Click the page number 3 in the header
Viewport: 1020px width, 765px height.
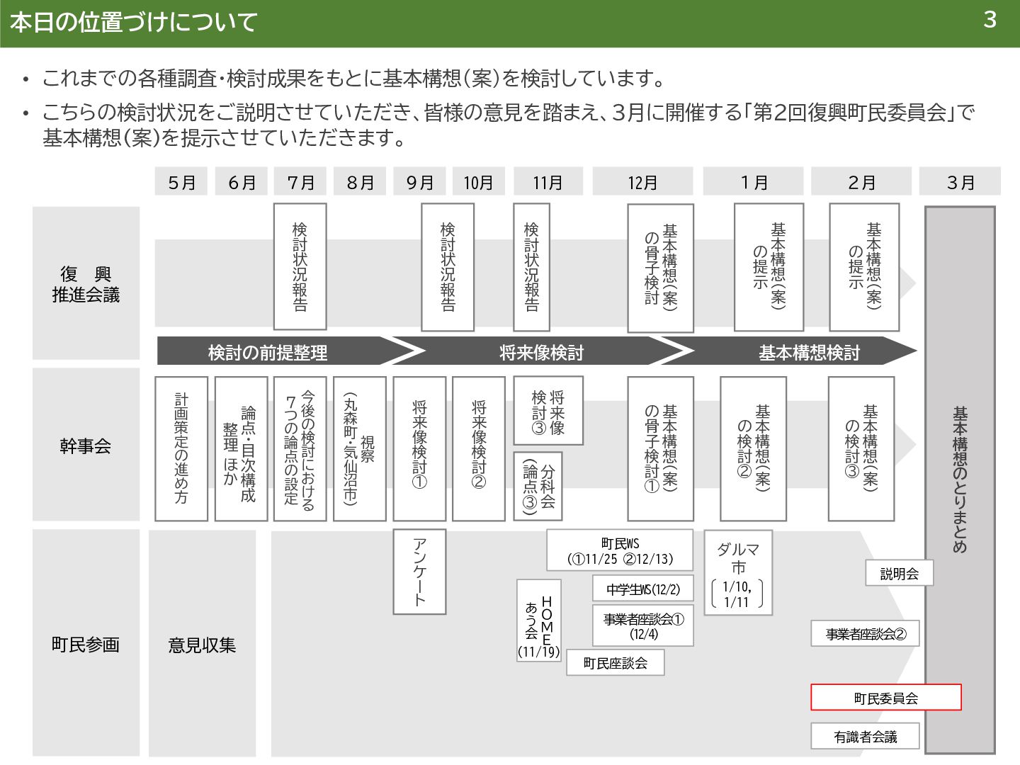pyautogui.click(x=990, y=20)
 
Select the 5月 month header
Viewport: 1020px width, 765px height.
pyautogui.click(x=181, y=182)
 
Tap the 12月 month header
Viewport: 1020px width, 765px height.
pyautogui.click(x=642, y=182)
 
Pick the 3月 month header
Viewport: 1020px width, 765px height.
pyautogui.click(x=960, y=182)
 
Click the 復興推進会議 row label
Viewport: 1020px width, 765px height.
pyautogui.click(x=86, y=284)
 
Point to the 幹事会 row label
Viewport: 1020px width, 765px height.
pyautogui.click(x=86, y=446)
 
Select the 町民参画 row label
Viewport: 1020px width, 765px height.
pyautogui.click(x=86, y=645)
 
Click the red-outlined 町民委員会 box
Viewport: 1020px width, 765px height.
pyautogui.click(x=885, y=698)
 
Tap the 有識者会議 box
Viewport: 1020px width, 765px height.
pyautogui.click(x=865, y=737)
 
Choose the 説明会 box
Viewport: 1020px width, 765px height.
pyautogui.click(x=899, y=573)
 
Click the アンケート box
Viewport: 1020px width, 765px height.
pyautogui.click(x=419, y=571)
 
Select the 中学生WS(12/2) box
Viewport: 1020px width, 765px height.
pyautogui.click(x=642, y=589)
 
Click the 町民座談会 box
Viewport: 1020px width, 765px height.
pyautogui.click(x=616, y=663)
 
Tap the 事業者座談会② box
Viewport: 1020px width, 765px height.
pyautogui.click(x=865, y=634)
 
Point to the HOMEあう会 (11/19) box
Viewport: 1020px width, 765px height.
pyautogui.click(x=539, y=620)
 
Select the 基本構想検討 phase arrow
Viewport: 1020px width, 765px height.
pyautogui.click(x=807, y=352)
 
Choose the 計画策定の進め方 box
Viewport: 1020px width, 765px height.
pyautogui.click(x=181, y=449)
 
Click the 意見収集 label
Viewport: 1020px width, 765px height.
pyautogui.click(x=202, y=645)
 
